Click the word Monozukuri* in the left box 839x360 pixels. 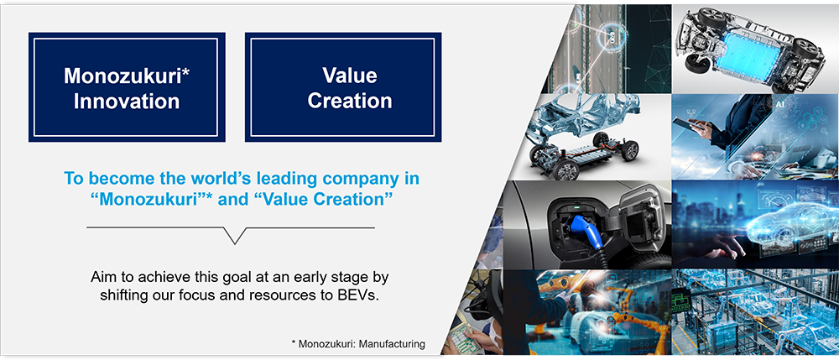126,76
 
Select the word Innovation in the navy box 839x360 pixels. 127,101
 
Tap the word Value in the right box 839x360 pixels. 349,76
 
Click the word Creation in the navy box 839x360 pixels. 349,101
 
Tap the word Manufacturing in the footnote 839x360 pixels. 392,345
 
